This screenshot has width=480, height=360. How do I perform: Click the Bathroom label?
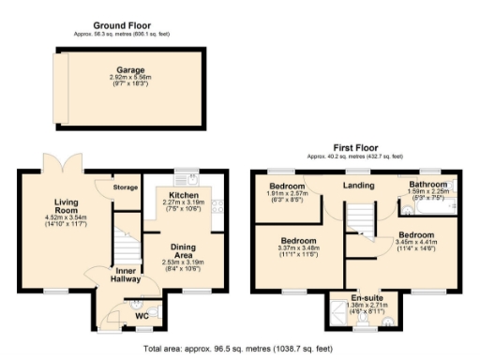[429, 185]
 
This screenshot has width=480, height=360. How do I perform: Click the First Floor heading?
[354, 148]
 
